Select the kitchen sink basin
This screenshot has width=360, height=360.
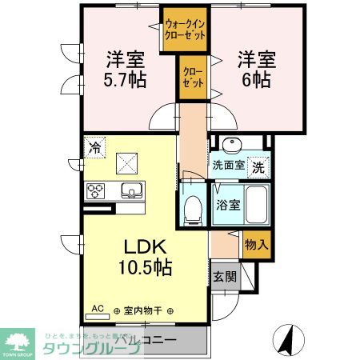tap(130, 191)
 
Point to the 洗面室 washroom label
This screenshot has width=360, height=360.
tap(229, 167)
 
